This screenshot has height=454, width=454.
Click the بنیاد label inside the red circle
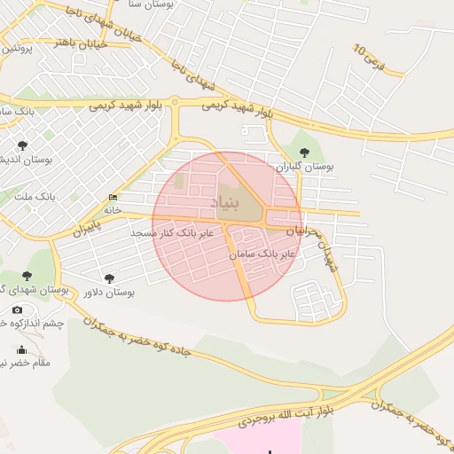pos(227,203)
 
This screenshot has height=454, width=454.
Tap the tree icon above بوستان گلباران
pos(305,152)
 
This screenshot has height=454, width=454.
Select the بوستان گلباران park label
pos(303,166)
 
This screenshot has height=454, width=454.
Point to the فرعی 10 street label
pos(370,58)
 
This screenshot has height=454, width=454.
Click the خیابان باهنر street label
pos(81,43)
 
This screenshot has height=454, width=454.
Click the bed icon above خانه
pos(113,198)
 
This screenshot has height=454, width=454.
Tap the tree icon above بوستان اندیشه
pos(23,145)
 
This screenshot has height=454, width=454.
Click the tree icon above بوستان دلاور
pos(109,278)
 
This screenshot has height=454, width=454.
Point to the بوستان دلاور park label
pos(106,292)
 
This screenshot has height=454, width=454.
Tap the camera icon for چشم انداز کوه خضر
pos(18,309)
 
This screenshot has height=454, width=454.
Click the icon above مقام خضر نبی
pos(22,349)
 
